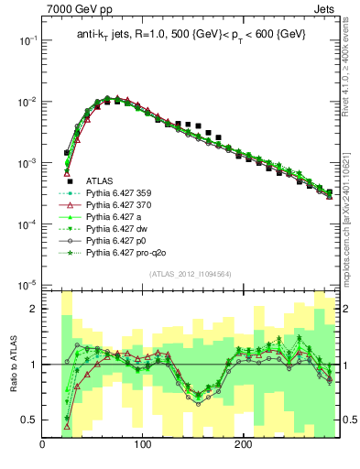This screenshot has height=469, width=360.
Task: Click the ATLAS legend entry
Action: coord(100,181)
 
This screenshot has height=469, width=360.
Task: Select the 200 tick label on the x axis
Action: coord(243,446)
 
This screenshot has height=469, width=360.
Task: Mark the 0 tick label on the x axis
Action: coord(43,446)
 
